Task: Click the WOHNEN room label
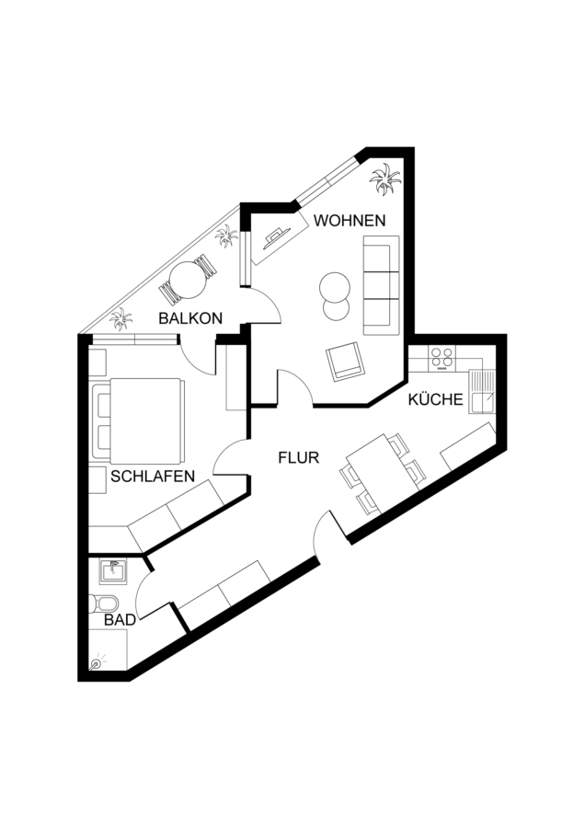pyautogui.click(x=350, y=220)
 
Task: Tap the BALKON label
pyautogui.click(x=190, y=318)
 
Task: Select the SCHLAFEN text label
pyautogui.click(x=153, y=477)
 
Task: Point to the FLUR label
pyautogui.click(x=299, y=457)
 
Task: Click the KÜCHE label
pyautogui.click(x=436, y=400)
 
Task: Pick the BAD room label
pyautogui.click(x=120, y=620)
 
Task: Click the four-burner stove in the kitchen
pyautogui.click(x=442, y=358)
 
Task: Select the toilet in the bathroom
pyautogui.click(x=104, y=604)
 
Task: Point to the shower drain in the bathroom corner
pyautogui.click(x=96, y=663)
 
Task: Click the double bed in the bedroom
pyautogui.click(x=138, y=420)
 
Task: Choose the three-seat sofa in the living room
pyautogui.click(x=381, y=285)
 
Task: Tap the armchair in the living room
pyautogui.click(x=346, y=362)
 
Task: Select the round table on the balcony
pyautogui.click(x=189, y=280)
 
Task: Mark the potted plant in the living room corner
pyautogui.click(x=385, y=179)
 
